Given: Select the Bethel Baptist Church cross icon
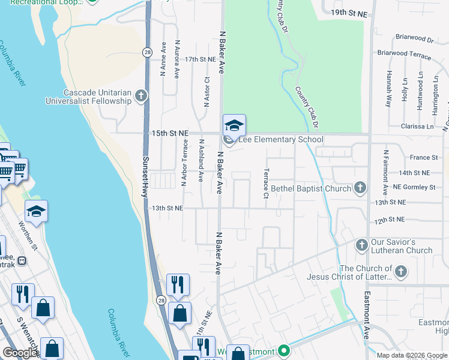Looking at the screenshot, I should pos(360,188).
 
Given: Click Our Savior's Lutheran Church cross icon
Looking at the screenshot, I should pos(361,245).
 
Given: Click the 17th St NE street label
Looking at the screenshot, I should pos(200,59).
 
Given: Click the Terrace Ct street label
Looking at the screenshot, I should pos(265,184).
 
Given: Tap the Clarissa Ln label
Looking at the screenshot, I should pos(417,127).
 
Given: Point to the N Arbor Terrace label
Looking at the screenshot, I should pos(184,164).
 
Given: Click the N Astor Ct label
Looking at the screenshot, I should pos(206,91).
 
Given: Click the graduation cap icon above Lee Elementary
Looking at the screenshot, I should pos(234,125).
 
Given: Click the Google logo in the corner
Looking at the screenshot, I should pos(20,352).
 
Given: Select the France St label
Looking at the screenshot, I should pos(424,157).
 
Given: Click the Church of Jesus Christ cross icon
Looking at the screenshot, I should pos(401,272).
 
